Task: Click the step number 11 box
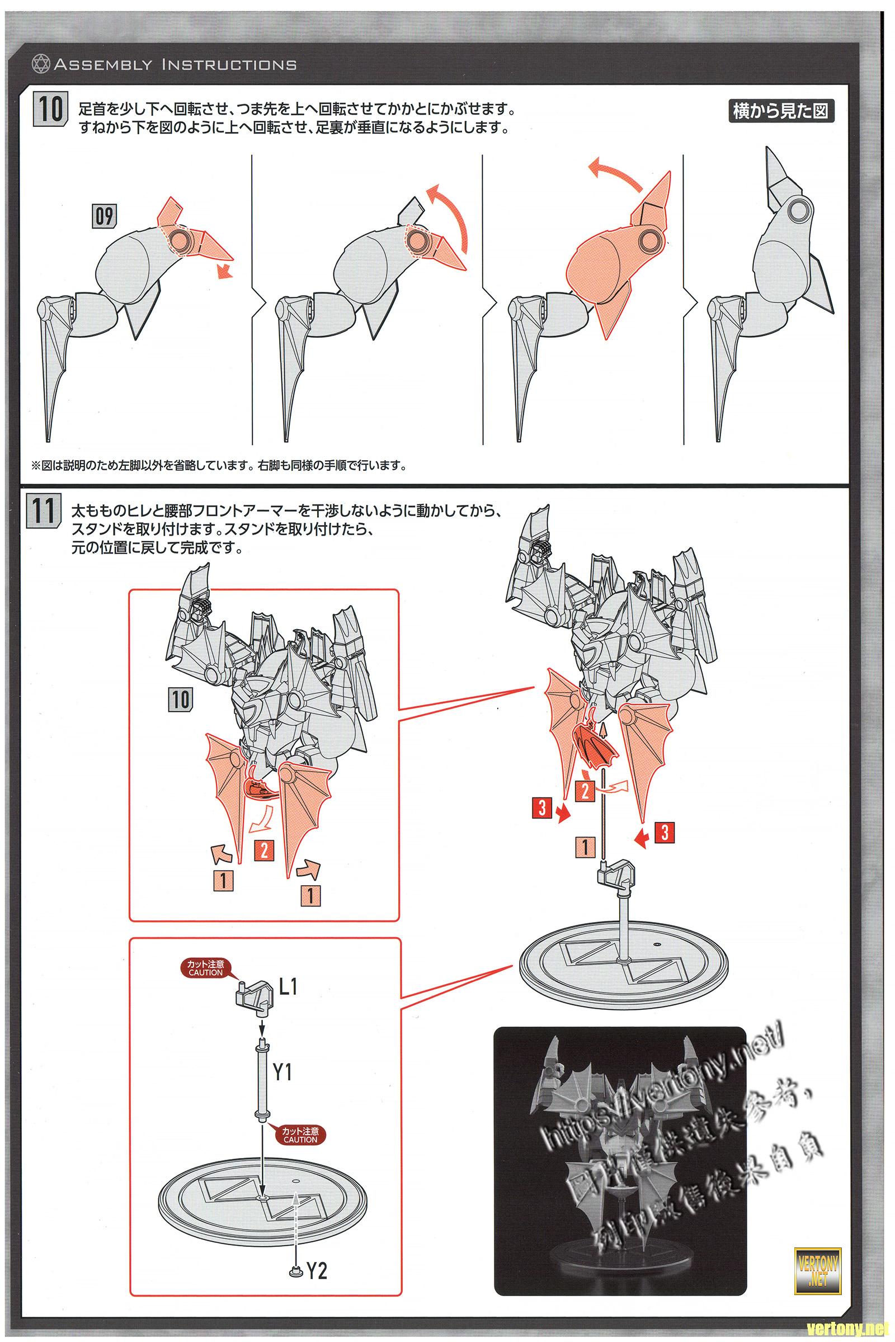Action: pyautogui.click(x=43, y=511)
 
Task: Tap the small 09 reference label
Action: pyautogui.click(x=103, y=216)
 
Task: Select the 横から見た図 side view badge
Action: pyautogui.click(x=781, y=111)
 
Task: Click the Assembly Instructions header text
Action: pyautogui.click(x=175, y=64)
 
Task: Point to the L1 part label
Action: pyautogui.click(x=287, y=986)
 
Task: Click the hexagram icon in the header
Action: pyautogui.click(x=41, y=63)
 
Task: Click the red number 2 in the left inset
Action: pyautogui.click(x=263, y=850)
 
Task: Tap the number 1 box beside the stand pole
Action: pyautogui.click(x=585, y=847)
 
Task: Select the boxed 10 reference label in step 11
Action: pyautogui.click(x=180, y=699)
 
